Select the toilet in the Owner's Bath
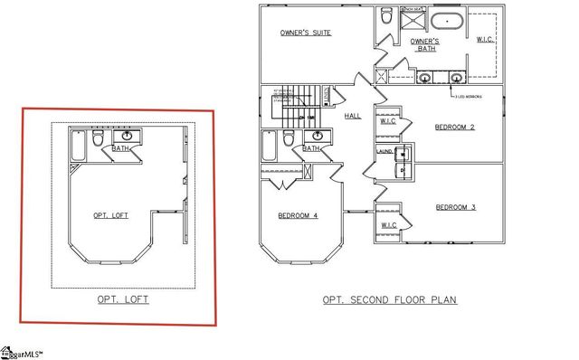click(386, 15)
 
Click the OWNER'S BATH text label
click(424, 45)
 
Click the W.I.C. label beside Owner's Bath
click(485, 39)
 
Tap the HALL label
click(353, 116)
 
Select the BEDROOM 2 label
click(454, 127)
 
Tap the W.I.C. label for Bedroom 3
click(388, 225)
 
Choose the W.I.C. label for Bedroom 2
click(388, 120)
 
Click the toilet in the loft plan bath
click(99, 139)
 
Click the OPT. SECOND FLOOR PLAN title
click(389, 299)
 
